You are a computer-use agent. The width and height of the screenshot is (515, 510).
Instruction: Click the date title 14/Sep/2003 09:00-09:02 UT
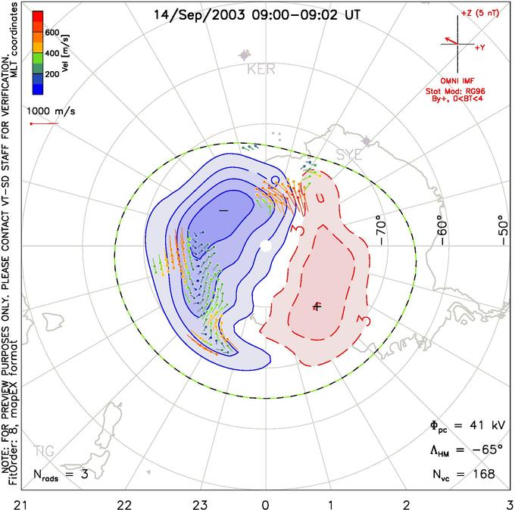257,14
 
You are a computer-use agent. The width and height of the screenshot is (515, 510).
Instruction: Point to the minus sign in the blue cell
223,210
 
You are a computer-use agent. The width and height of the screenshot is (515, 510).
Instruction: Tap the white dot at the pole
265,245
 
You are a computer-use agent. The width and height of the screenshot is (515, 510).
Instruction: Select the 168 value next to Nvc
482,474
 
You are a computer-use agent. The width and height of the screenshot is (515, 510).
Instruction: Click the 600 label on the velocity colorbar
52,33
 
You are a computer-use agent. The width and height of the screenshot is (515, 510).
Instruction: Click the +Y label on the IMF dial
480,47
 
